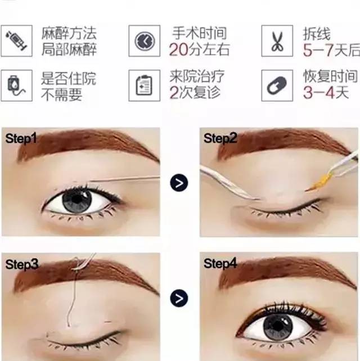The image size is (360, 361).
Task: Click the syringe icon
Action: pyautogui.click(x=16, y=41)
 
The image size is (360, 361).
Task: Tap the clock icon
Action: pyautogui.click(x=145, y=41)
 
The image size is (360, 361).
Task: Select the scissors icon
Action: pyautogui.click(x=277, y=41)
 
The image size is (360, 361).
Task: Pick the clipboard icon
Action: pyautogui.click(x=144, y=85)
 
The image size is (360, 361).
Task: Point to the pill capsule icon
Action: pyautogui.click(x=277, y=85)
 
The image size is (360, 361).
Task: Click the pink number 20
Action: pyautogui.click(x=178, y=49)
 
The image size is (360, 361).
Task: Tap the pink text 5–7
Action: pyautogui.click(x=318, y=50)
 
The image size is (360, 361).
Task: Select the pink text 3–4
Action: pyautogui.click(x=319, y=93)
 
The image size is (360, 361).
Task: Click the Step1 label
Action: pyautogui.click(x=21, y=138)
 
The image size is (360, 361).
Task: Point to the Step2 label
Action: pyautogui.click(x=220, y=138)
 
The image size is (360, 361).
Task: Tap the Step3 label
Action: pyautogui.click(x=22, y=264)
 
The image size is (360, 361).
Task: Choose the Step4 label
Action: pyautogui.click(x=220, y=264)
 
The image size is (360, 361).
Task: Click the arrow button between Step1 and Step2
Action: pyautogui.click(x=179, y=183)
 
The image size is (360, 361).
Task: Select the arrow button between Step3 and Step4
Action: pyautogui.click(x=179, y=299)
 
